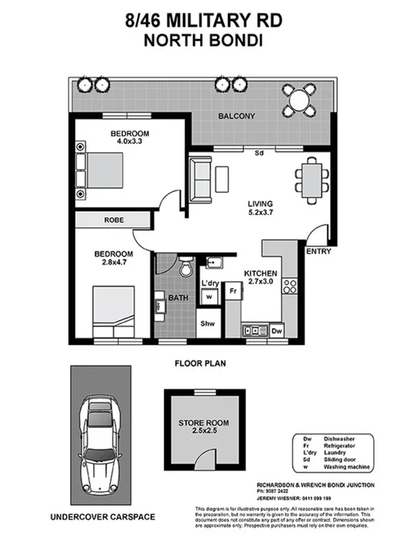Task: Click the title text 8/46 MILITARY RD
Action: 201,22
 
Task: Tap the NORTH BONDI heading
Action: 201,40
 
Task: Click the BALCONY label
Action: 236,117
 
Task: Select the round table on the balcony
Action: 297,99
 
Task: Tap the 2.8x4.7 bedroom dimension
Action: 114,263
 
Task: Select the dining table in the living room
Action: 312,177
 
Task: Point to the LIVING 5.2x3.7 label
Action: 259,209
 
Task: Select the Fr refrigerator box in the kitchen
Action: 231,292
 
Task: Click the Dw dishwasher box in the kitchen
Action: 278,330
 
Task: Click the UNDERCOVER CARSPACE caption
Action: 97,518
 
